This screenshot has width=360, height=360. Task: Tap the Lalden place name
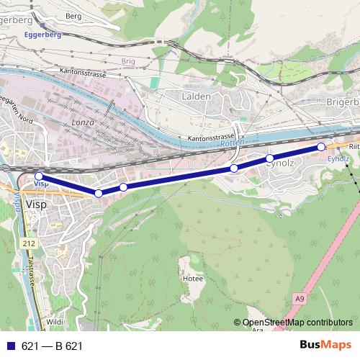(x=196, y=96)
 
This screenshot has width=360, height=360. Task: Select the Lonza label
(x=83, y=124)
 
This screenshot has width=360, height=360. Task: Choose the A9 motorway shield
(x=299, y=295)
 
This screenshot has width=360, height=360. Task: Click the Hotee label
(x=193, y=277)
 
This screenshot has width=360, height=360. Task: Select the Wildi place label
(x=54, y=322)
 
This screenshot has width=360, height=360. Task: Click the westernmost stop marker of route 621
(x=39, y=176)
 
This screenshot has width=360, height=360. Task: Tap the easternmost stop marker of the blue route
(x=321, y=147)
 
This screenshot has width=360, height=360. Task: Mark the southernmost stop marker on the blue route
(x=99, y=193)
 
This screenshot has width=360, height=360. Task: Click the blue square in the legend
(x=9, y=346)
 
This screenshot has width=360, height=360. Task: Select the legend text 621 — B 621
(x=52, y=346)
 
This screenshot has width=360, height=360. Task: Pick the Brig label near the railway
(x=129, y=62)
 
